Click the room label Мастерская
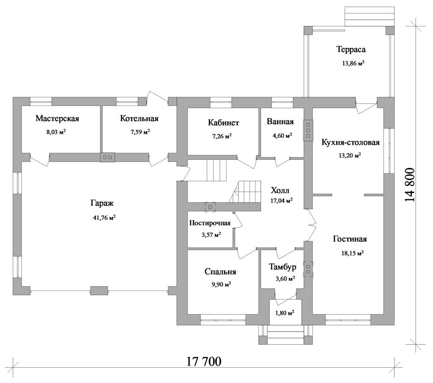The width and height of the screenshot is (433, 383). tap(57, 118)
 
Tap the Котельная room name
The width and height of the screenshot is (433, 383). tap(139, 118)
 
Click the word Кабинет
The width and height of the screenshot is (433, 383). tap(223, 123)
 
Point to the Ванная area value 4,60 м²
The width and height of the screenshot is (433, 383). tap(281, 135)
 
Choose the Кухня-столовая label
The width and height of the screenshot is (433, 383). tap(350, 142)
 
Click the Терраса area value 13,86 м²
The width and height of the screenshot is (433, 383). tap(353, 63)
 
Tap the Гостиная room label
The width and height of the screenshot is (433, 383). tap(350, 239)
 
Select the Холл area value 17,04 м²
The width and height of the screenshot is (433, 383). tap(282, 201)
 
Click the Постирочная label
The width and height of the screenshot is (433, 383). tap(210, 223)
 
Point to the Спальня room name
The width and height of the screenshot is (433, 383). tap(220, 272)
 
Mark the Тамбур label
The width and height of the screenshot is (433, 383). tap(282, 267)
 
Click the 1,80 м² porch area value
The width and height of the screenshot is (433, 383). tap(284, 313)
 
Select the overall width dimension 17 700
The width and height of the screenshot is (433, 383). tap(204, 361)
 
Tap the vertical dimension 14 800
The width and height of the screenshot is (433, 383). tap(410, 185)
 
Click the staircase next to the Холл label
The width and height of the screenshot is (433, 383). tap(245, 192)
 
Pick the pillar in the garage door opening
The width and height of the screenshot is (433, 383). tap(99, 291)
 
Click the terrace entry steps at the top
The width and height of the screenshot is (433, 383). tap(369, 13)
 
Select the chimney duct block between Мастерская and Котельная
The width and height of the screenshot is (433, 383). tap(107, 157)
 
